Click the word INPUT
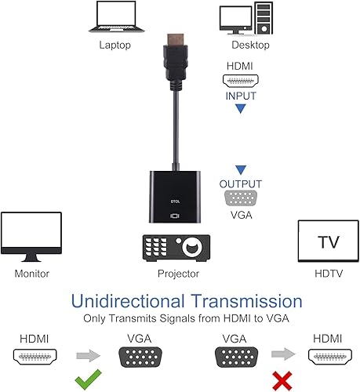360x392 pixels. coord(241,96)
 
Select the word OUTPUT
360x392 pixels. coord(241,183)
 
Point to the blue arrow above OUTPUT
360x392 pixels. coord(241,169)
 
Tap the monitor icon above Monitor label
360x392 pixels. coord(31,238)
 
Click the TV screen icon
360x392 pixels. coord(329,242)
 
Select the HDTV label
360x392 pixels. coord(329,274)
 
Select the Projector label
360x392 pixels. coord(178,274)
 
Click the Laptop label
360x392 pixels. coord(115,45)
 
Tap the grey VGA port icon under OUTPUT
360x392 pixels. coord(241,198)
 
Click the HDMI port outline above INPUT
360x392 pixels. coord(241,80)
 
